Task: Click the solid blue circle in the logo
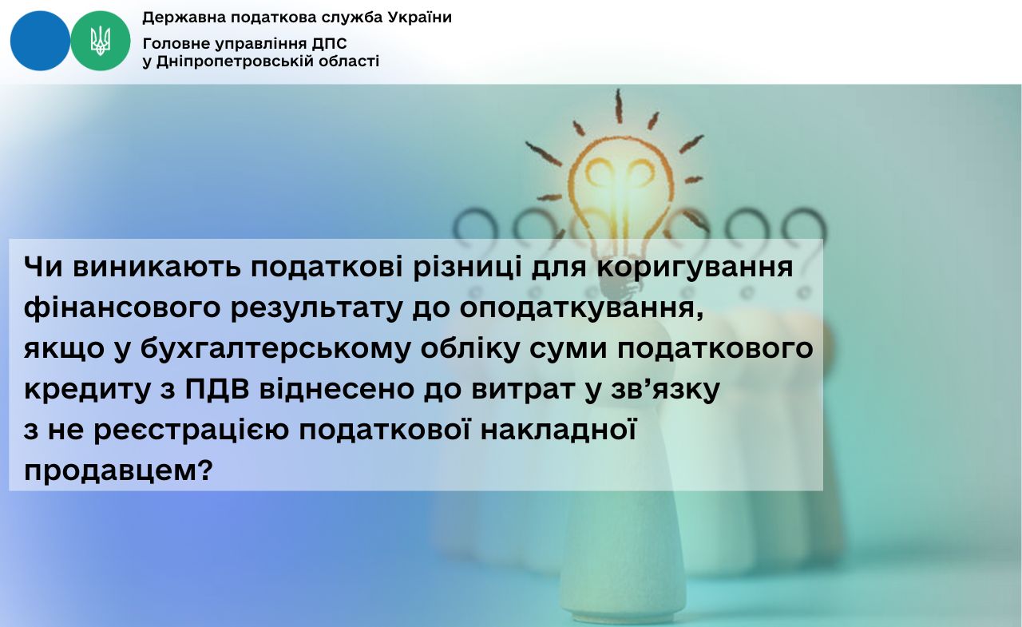[x=40, y=41]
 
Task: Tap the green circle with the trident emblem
[x=101, y=41]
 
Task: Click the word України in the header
[x=420, y=18]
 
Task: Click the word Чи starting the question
[x=43, y=267]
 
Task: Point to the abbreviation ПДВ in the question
[x=217, y=389]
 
